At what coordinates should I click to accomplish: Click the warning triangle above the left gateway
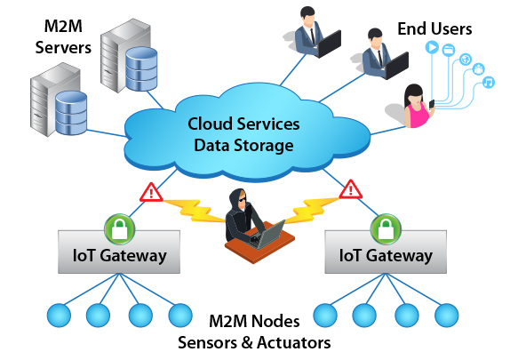[x=151, y=193]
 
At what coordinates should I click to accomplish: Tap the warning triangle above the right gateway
[x=351, y=190]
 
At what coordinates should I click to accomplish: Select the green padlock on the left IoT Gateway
[x=120, y=229]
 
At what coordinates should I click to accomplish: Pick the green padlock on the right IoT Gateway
[x=386, y=229]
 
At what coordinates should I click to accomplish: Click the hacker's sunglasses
[x=243, y=200]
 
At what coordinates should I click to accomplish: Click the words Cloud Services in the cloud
[x=243, y=124]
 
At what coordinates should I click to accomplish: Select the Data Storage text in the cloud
[x=243, y=145]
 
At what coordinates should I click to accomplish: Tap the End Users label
[x=434, y=28]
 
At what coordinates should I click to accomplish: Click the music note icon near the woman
[x=489, y=82]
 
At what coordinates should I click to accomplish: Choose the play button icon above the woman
[x=432, y=47]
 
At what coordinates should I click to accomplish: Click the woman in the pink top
[x=418, y=107]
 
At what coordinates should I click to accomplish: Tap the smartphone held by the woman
[x=432, y=104]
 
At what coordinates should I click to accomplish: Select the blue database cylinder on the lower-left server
[x=71, y=113]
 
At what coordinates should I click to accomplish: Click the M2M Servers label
[x=63, y=37]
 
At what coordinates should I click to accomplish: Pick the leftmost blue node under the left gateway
[x=59, y=316]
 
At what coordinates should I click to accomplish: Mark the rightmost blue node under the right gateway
[x=447, y=316]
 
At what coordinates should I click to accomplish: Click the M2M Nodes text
[x=254, y=322]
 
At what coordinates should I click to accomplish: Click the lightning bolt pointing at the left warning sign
[x=194, y=211]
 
